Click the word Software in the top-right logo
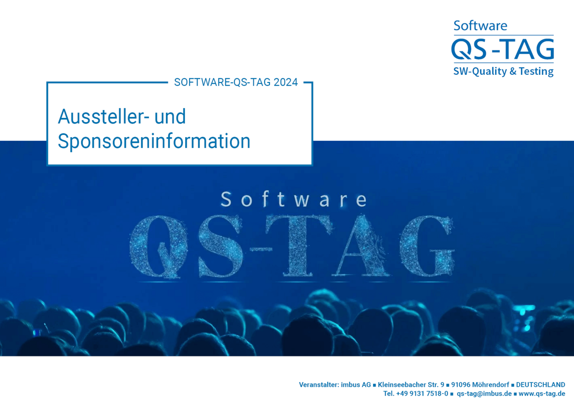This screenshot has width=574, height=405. click(480, 26)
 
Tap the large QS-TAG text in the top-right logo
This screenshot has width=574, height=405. click(503, 49)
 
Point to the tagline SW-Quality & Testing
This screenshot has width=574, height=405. click(504, 71)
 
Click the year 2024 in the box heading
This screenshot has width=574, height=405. click(286, 82)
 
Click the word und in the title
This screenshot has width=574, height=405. click(170, 116)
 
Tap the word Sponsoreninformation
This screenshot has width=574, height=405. click(154, 141)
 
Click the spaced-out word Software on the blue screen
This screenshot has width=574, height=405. click(294, 199)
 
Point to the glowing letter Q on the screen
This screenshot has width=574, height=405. click(158, 246)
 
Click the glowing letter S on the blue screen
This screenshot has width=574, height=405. click(221, 246)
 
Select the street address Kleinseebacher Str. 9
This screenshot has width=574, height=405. click(411, 385)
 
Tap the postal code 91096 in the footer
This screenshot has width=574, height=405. click(461, 385)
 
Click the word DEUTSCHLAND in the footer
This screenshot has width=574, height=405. click(540, 385)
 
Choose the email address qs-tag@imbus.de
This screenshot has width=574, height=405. click(484, 393)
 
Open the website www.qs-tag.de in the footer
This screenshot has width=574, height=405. click(542, 393)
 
